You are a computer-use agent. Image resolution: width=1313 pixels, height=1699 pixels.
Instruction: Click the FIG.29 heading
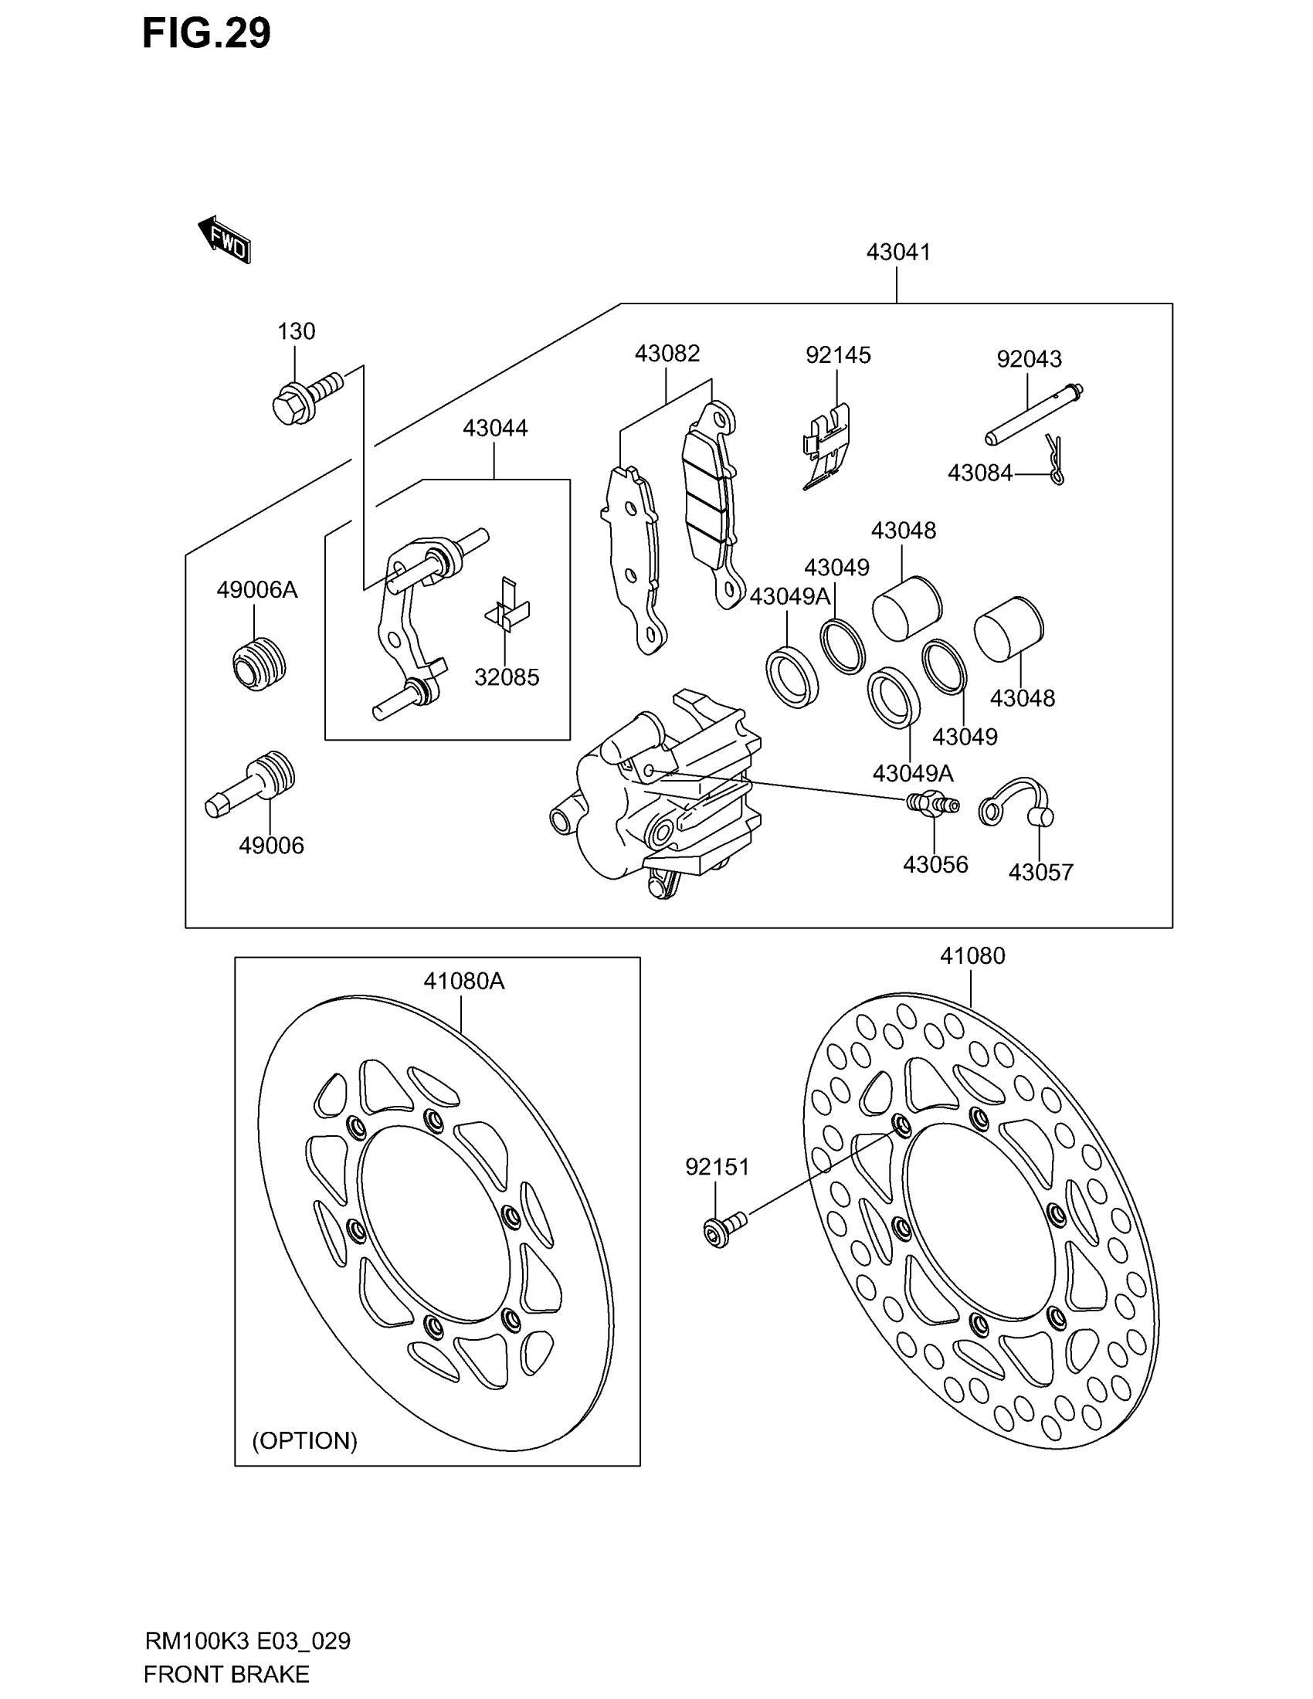click(x=206, y=33)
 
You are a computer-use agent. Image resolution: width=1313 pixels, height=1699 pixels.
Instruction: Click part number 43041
click(x=897, y=252)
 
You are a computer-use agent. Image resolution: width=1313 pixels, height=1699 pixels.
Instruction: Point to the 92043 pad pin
click(x=1033, y=415)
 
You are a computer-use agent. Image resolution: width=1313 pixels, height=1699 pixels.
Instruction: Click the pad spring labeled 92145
click(x=826, y=447)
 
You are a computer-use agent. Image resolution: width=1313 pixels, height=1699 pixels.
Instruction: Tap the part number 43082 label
click(x=667, y=353)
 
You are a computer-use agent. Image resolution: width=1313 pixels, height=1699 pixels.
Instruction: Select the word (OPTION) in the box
click(x=304, y=1441)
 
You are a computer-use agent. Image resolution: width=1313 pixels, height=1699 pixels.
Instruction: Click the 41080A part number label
click(x=463, y=982)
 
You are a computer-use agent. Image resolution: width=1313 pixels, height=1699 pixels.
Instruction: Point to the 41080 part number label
click(x=972, y=955)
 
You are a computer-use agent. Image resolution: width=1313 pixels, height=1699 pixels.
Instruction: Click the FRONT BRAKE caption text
click(x=226, y=1674)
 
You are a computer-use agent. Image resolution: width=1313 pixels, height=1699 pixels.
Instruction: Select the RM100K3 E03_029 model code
click(x=247, y=1641)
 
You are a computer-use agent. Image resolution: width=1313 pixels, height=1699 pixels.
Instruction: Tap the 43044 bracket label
click(x=495, y=428)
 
